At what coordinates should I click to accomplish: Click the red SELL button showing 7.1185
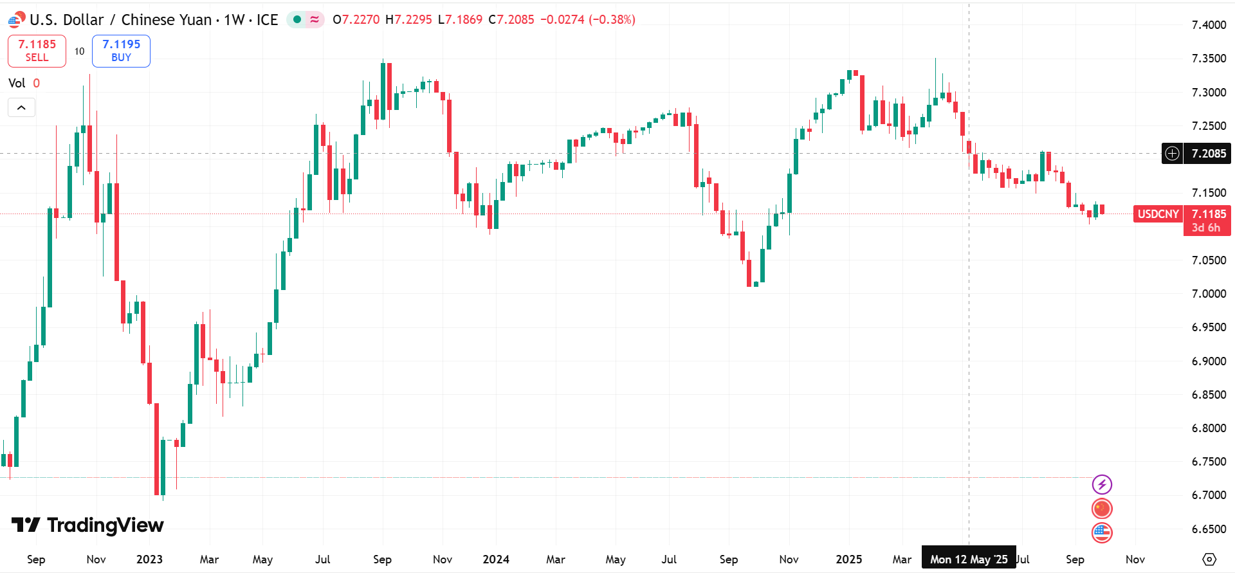(x=37, y=51)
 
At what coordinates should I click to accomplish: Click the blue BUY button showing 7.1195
(x=121, y=51)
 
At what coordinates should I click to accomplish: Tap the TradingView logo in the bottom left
(x=88, y=525)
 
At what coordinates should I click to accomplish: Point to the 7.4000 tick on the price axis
(x=1209, y=25)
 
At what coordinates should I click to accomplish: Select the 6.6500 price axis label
(x=1209, y=529)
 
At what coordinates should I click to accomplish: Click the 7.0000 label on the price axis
(x=1209, y=293)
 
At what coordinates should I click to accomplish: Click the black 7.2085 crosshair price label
(x=1208, y=154)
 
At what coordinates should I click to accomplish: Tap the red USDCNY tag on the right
(x=1158, y=214)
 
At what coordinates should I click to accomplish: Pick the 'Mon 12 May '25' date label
(x=969, y=559)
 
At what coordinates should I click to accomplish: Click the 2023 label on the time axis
(x=149, y=559)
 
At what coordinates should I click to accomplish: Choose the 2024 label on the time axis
(x=496, y=559)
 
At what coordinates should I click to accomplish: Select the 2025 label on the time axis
(x=848, y=559)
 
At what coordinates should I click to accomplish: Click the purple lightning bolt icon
(x=1102, y=484)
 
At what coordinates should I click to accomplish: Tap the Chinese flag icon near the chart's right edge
(x=1102, y=509)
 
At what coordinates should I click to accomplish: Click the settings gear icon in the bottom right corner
(x=1209, y=559)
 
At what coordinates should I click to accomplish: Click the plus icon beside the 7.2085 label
(x=1173, y=154)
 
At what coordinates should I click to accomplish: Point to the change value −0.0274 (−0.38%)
(x=587, y=19)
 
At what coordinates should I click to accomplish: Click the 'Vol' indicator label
(x=17, y=83)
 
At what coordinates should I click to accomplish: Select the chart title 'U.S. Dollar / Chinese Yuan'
(x=121, y=20)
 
